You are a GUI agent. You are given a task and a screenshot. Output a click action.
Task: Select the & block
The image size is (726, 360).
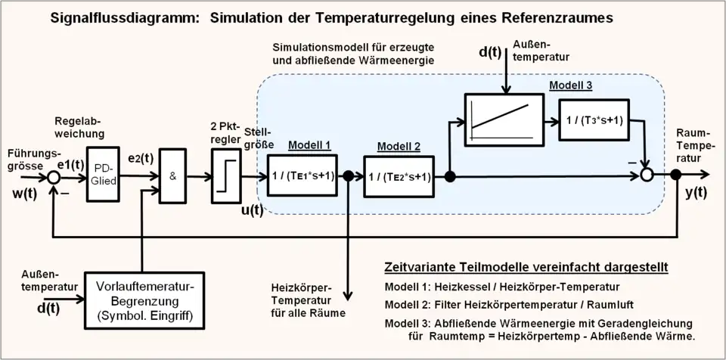tap(173, 176)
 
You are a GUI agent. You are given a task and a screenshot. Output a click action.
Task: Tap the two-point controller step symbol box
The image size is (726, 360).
tap(225, 177)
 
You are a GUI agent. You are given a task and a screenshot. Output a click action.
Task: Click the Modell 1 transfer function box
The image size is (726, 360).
tap(302, 177)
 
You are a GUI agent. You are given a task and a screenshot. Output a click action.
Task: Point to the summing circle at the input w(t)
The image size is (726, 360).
tap(53, 177)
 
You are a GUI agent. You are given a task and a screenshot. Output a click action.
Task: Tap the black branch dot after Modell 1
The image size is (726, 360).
tap(349, 177)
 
